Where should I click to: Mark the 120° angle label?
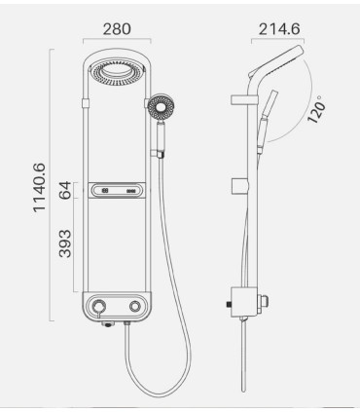[x=318, y=109]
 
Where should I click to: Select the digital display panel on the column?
[x=117, y=192]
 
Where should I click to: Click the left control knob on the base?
[x=98, y=308]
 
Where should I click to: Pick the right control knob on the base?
[x=135, y=308]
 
